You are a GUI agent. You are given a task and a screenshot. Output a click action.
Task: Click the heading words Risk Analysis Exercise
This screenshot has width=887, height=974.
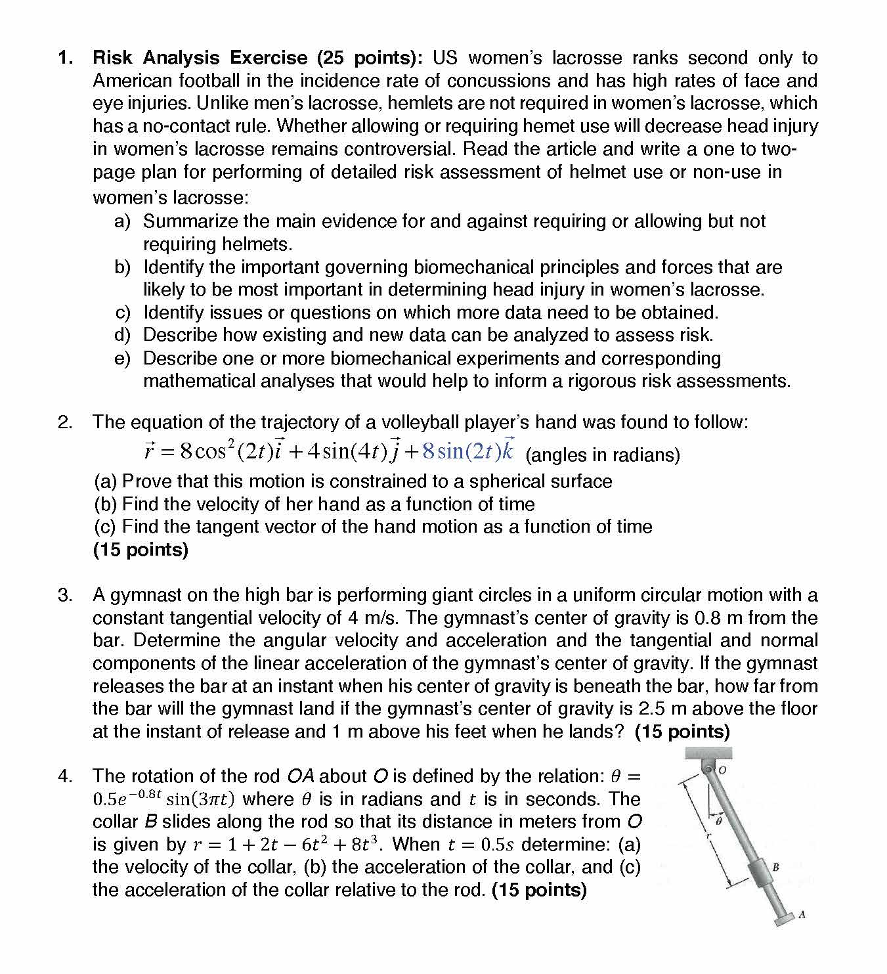pyautogui.click(x=200, y=58)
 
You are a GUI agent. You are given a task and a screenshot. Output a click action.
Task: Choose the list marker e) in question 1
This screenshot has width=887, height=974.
pyautogui.click(x=122, y=359)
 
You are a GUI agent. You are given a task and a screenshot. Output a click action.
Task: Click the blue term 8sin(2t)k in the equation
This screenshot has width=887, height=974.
pyautogui.click(x=468, y=451)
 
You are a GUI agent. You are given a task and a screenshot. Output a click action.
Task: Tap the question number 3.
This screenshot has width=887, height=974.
pyautogui.click(x=65, y=595)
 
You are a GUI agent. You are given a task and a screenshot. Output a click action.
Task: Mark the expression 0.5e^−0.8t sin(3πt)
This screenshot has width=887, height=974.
pyautogui.click(x=164, y=799)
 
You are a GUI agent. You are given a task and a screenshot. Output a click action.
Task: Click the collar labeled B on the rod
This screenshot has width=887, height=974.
pyautogui.click(x=760, y=873)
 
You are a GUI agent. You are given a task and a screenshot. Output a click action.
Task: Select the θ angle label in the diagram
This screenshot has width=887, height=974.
pyautogui.click(x=718, y=821)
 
